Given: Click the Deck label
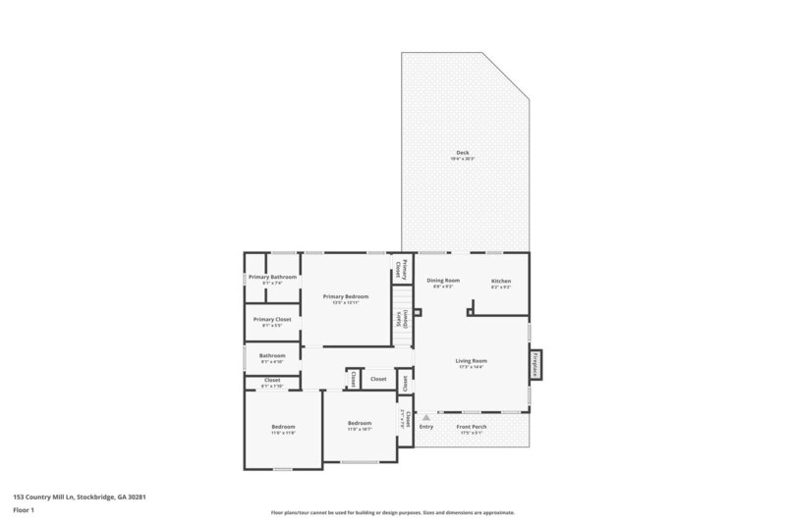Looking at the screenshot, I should (462, 152).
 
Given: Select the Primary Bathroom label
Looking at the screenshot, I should (272, 277).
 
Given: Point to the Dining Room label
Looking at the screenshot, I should (443, 281).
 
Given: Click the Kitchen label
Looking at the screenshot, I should (501, 281).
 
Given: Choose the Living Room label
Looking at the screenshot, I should (471, 360).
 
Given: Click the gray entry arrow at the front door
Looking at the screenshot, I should (425, 417).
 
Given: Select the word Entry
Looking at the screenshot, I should (426, 427).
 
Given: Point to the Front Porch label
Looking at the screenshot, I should (473, 427).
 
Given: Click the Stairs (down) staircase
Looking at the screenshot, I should (401, 318).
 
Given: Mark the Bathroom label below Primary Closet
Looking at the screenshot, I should (272, 355).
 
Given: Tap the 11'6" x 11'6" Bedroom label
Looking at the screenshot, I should (283, 427).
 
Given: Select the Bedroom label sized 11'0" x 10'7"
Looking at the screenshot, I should (360, 423).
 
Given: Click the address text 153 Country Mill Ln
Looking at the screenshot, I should (80, 497).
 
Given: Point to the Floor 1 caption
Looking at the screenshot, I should (25, 510).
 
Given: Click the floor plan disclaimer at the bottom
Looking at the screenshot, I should (392, 512).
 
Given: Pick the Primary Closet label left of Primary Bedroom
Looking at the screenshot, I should (272, 319).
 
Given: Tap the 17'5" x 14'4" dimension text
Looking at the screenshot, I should (471, 367).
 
